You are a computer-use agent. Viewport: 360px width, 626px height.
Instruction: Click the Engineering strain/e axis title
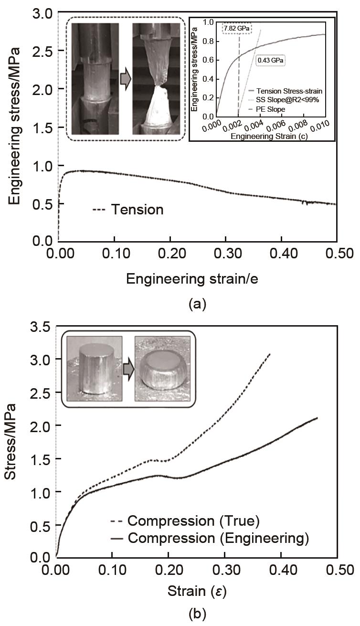tap(192, 279)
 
